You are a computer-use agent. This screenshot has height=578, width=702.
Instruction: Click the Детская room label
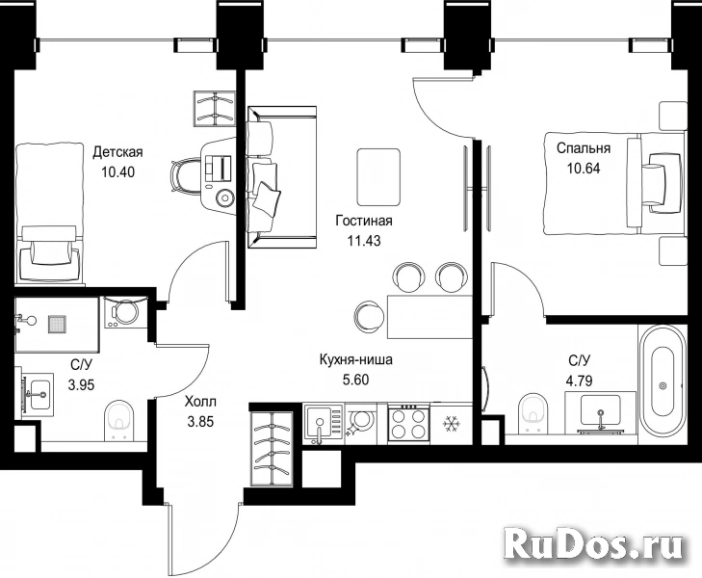pos(117,152)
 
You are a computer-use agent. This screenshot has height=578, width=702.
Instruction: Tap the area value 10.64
pos(584,169)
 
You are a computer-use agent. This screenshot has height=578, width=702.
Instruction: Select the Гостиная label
pos(364,221)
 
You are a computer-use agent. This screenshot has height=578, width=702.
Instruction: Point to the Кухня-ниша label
pos(356,359)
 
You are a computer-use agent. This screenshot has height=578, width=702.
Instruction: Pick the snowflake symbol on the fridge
pos(449,423)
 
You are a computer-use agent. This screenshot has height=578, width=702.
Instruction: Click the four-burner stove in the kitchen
pos(408,424)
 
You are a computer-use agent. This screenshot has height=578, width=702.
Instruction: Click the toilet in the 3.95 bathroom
pos(118,420)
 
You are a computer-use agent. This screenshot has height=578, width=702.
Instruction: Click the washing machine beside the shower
pos(122,312)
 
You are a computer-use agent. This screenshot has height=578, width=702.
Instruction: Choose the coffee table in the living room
pos(378,177)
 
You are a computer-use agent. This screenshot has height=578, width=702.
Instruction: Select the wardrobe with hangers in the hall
pos(273,448)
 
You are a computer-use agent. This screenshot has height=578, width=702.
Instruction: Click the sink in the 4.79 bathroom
pos(600,413)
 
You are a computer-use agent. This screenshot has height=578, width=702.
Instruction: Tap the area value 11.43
pos(364,241)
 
